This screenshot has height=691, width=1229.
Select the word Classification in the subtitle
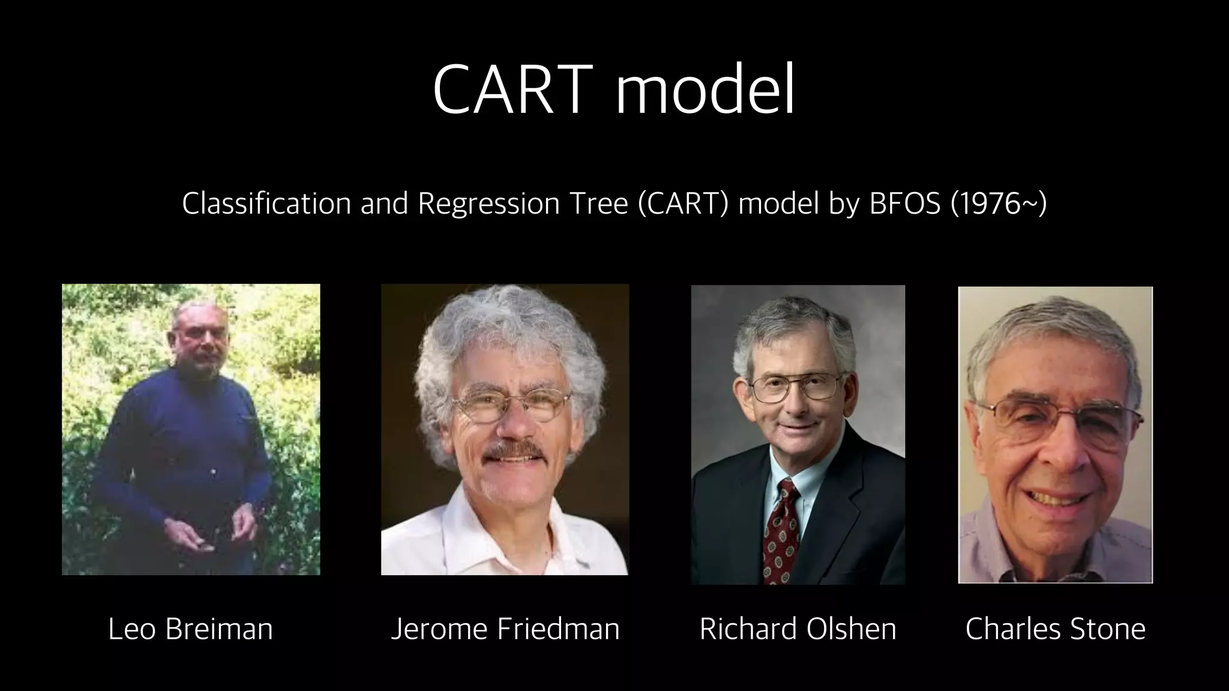266,204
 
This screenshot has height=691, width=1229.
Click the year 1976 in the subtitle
990,204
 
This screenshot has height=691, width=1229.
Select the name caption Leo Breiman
190,629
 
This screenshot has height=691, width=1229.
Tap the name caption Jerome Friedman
505,629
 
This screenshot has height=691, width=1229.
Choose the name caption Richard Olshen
798,629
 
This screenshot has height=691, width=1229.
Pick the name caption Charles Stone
1055,629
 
